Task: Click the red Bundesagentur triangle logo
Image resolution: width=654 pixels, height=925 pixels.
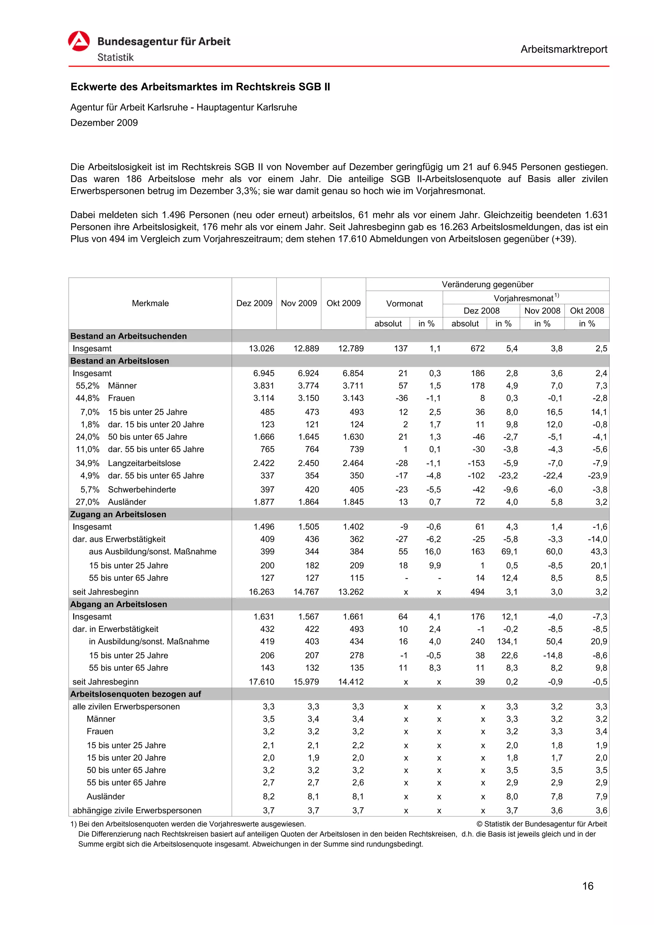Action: pos(79,42)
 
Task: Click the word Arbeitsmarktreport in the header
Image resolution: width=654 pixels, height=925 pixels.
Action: pos(563,49)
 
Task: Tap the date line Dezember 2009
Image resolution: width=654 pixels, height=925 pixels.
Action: pos(104,123)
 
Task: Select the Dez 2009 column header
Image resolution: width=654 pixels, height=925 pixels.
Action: pos(254,303)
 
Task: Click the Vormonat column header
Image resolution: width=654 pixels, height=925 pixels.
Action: pos(404,303)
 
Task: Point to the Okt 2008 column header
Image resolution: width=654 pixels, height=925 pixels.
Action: pos(586,310)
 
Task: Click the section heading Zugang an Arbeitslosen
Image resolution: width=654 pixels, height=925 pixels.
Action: pos(118,514)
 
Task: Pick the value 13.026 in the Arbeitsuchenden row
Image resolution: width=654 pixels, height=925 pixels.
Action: pos(261,348)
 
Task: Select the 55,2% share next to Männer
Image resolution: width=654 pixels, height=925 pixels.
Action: pos(87,386)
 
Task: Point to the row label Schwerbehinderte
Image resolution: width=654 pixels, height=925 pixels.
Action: pos(142,489)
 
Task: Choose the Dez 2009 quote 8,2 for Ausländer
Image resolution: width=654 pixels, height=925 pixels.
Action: pos(268,796)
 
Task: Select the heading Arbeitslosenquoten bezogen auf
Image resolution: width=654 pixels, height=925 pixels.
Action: pos(135,694)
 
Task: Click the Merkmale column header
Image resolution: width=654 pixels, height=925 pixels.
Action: pos(150,303)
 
